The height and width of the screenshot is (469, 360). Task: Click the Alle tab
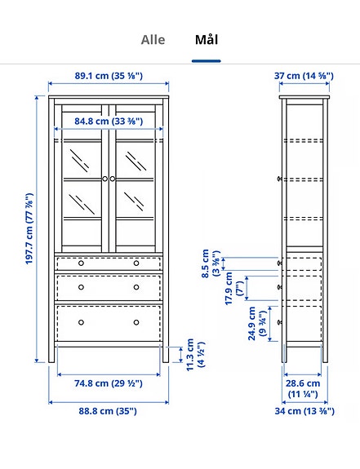(153, 39)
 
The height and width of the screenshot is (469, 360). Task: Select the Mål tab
(206, 39)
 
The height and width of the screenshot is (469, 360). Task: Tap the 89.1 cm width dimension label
(109, 76)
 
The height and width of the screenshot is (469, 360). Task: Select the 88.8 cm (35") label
(108, 411)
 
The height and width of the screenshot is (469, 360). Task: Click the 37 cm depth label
(304, 76)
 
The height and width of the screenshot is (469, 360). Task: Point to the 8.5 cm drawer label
(210, 264)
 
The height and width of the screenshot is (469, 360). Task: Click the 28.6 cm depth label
(303, 387)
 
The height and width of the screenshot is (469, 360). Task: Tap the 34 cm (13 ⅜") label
(303, 411)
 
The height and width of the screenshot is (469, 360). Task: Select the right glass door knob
(113, 178)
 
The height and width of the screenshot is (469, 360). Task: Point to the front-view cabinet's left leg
(53, 353)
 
